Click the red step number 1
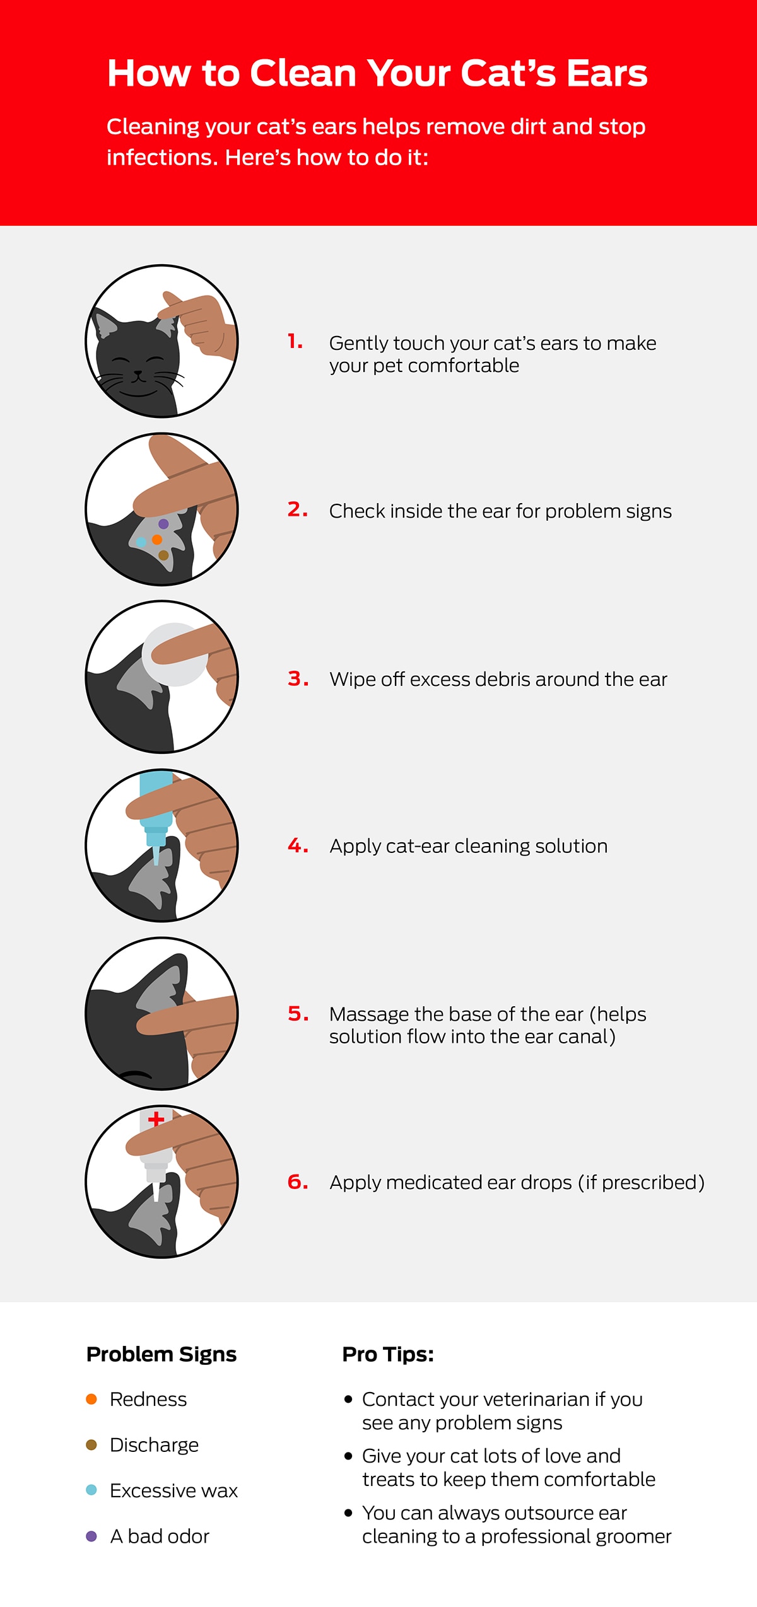(x=295, y=341)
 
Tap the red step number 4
(x=298, y=845)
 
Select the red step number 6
(x=298, y=1181)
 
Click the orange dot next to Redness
(x=91, y=1399)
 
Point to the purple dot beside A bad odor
(x=91, y=1536)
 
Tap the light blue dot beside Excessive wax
(x=91, y=1490)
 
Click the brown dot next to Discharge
(x=91, y=1444)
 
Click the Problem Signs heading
(x=161, y=1354)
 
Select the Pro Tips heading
(x=388, y=1354)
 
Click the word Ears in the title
(x=606, y=73)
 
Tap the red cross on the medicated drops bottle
(x=156, y=1120)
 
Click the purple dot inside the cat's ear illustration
(x=163, y=524)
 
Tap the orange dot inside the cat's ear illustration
(x=157, y=540)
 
